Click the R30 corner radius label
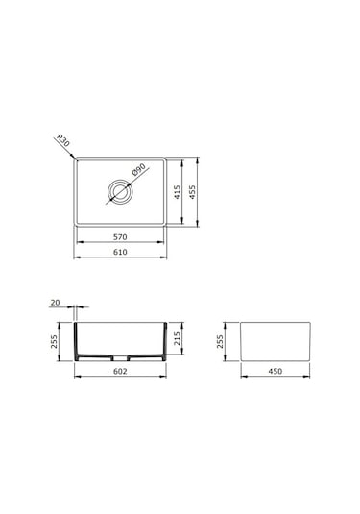tap(63, 140)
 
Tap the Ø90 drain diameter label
tap(138, 169)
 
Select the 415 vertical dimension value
tap(177, 192)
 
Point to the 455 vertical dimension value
tap(192, 192)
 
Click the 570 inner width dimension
tap(120, 237)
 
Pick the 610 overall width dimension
tap(120, 252)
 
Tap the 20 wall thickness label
tap(55, 303)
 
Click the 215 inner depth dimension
tap(177, 338)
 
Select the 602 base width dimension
tap(120, 371)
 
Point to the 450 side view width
tap(275, 371)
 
